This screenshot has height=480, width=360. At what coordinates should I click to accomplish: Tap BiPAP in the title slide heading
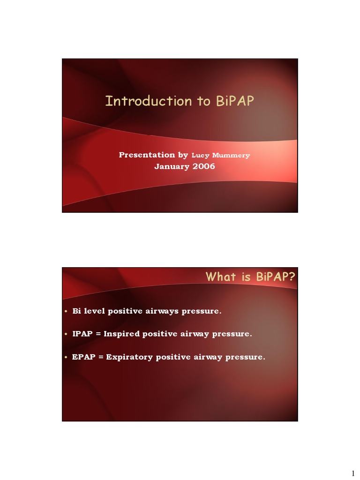(234, 101)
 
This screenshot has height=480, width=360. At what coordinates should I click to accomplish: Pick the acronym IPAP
(82, 334)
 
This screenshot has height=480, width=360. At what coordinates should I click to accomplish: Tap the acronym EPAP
(83, 357)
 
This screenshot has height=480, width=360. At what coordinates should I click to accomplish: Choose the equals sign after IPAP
(98, 334)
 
